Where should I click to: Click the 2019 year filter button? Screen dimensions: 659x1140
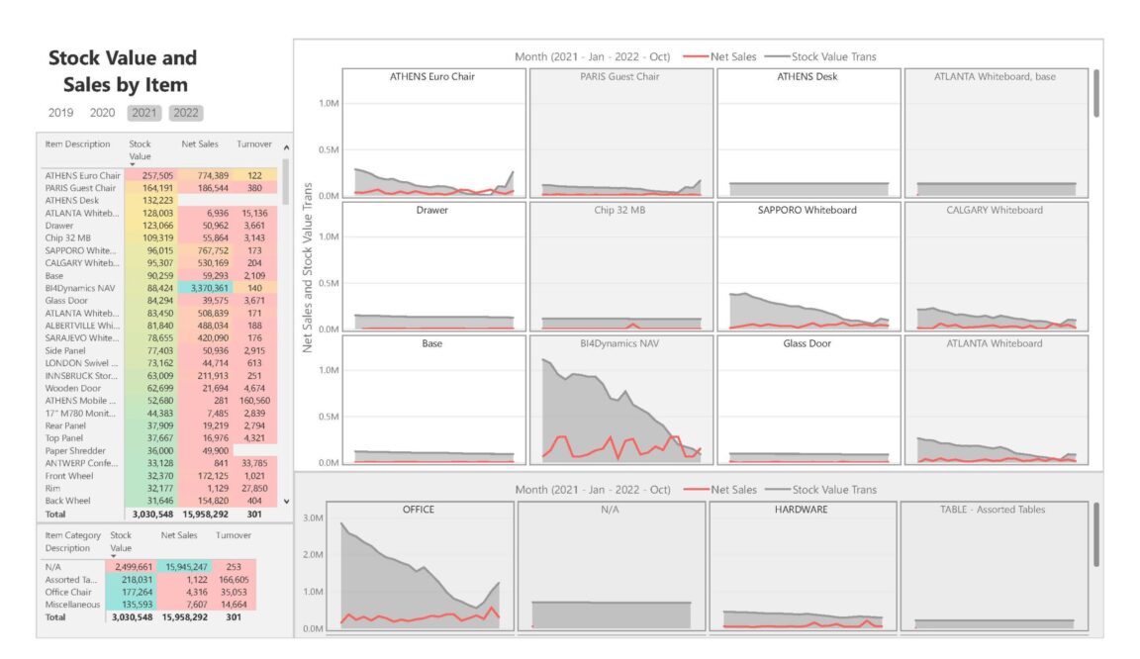(60, 113)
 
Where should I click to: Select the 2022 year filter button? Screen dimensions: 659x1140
(185, 113)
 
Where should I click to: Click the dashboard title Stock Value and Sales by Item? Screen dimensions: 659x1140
(123, 71)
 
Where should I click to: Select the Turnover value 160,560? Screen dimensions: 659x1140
(254, 400)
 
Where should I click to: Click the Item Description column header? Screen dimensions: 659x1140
(77, 144)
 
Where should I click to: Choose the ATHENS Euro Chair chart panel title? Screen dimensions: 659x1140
(432, 76)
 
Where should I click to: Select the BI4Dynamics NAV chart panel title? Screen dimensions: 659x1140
(620, 343)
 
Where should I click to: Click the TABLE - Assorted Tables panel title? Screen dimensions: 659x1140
(993, 510)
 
